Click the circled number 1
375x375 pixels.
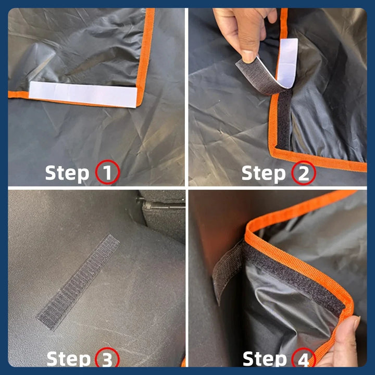[108, 172]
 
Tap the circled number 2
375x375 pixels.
[304, 173]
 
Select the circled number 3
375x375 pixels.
[107, 359]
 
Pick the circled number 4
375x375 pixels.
[304, 359]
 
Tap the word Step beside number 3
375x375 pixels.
[68, 359]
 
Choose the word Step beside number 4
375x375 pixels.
[265, 359]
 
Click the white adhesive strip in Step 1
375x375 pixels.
[83, 94]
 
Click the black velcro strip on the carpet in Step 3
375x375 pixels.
[78, 282]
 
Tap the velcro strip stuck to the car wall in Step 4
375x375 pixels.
[227, 272]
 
